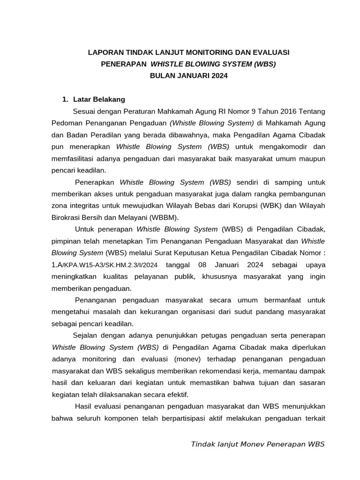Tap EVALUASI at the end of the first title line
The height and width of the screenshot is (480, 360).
click(x=273, y=52)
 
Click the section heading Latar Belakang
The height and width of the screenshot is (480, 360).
click(x=99, y=99)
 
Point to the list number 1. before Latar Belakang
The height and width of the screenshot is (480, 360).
click(x=66, y=99)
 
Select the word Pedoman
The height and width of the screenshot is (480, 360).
click(x=66, y=123)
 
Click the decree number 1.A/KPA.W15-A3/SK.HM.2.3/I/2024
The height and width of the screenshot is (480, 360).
click(x=104, y=265)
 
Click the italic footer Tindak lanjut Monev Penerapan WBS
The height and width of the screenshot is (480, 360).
click(x=257, y=444)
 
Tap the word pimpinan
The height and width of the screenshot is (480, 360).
click(x=66, y=241)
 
